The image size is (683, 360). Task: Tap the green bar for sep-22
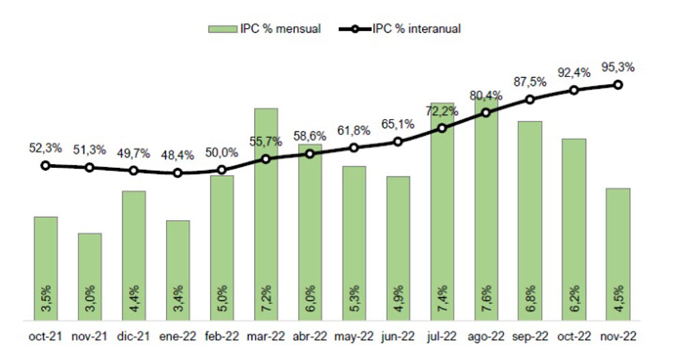530,219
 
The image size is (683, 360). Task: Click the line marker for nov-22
618,85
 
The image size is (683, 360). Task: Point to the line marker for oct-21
46,165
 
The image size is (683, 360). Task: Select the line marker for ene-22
178,173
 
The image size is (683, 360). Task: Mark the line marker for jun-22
398,142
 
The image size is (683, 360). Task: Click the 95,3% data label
618,67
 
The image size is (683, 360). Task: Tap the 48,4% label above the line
178,156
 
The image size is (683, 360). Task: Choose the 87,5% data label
530,81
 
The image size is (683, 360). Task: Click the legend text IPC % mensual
280,29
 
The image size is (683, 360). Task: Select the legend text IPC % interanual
416,29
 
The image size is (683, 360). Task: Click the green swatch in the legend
221,29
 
